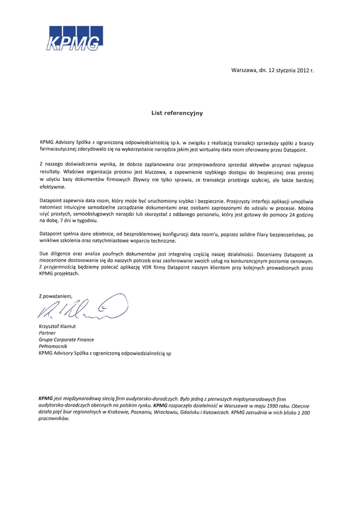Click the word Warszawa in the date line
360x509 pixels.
tap(244, 71)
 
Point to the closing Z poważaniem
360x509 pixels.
tap(55, 296)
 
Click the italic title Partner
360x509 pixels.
tap(47, 333)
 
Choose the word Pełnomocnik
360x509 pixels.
tap(53, 346)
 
